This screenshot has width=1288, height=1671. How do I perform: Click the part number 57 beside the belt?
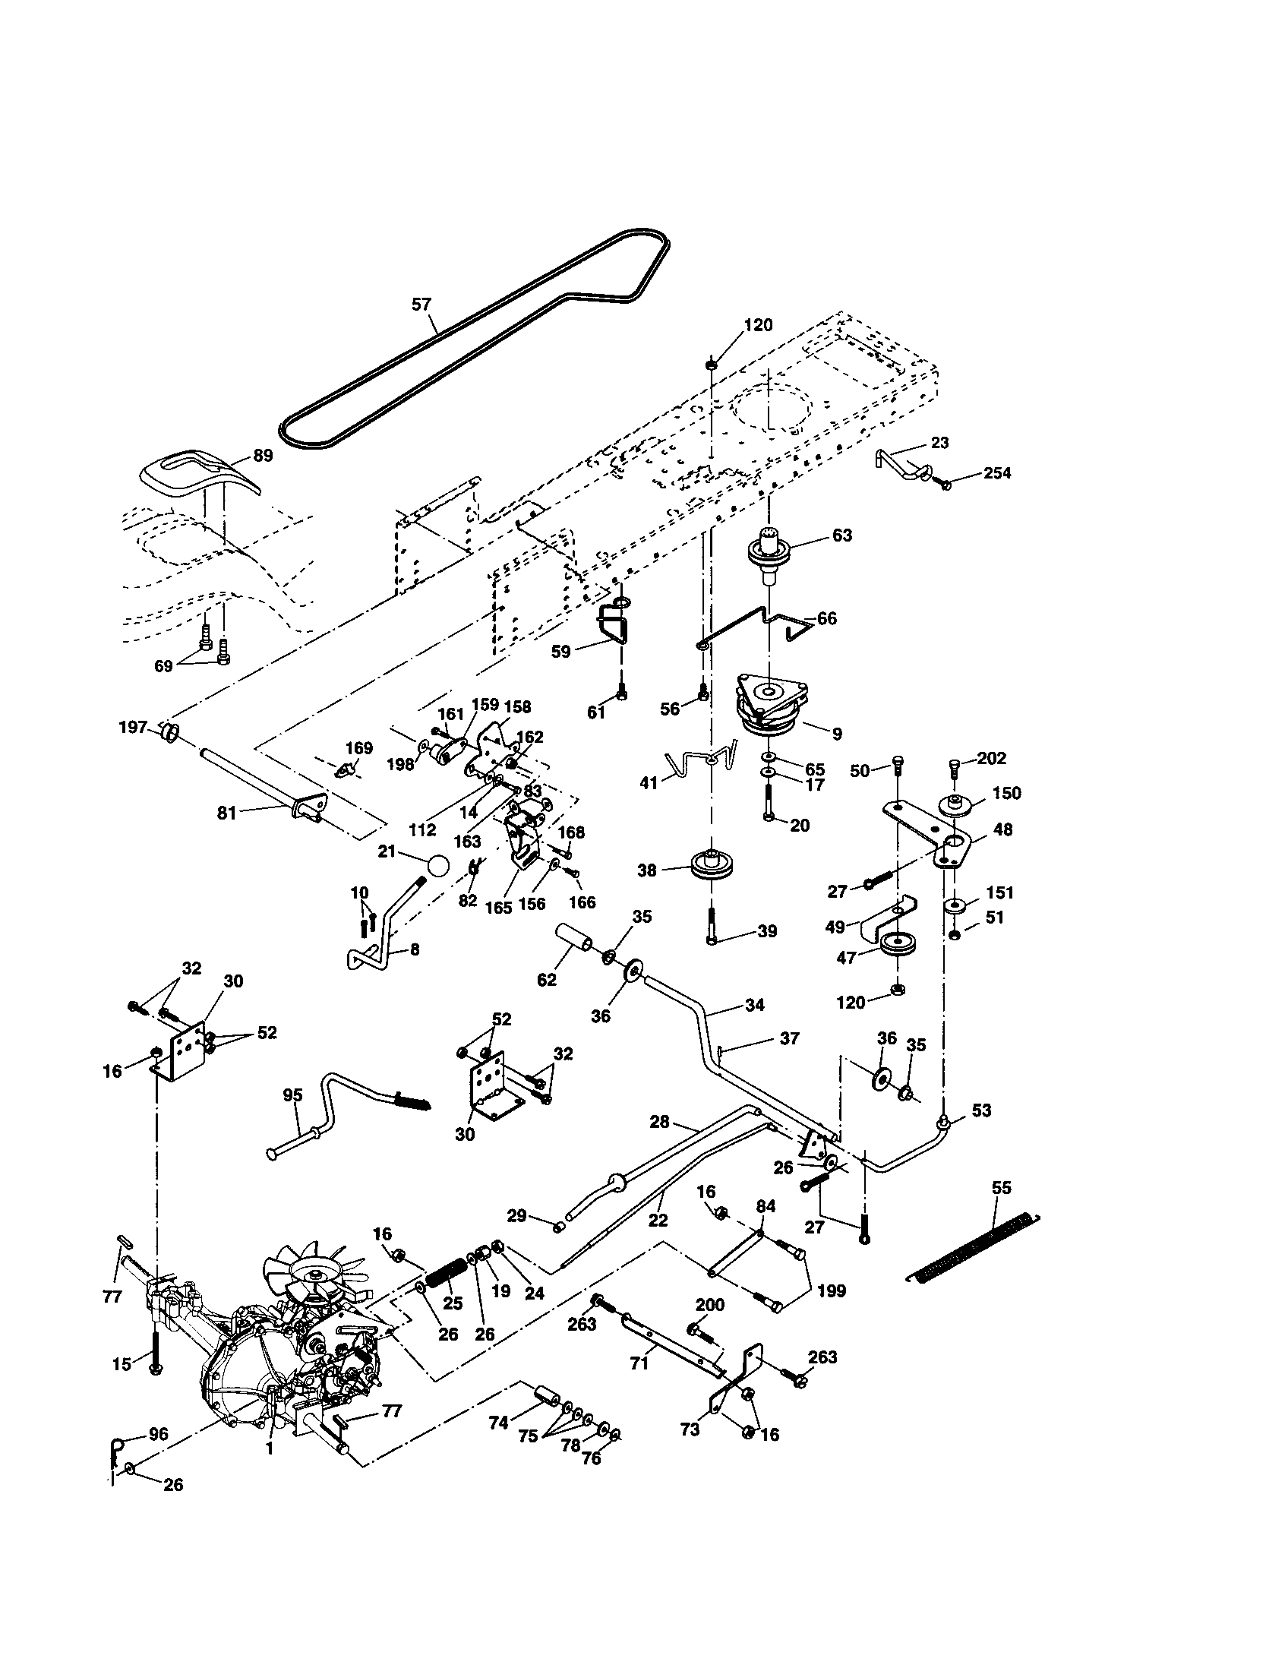point(421,305)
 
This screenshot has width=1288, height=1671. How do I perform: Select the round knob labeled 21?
point(439,866)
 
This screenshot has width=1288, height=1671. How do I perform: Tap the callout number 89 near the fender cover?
point(262,455)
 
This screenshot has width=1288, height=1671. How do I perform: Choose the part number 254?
point(996,473)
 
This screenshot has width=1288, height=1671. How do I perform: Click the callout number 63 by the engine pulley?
point(841,535)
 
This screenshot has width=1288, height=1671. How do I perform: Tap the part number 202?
point(991,758)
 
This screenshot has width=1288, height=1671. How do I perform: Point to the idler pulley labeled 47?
point(895,946)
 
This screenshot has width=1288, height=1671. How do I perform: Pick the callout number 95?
point(293,1095)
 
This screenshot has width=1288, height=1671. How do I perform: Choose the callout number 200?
point(710,1304)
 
